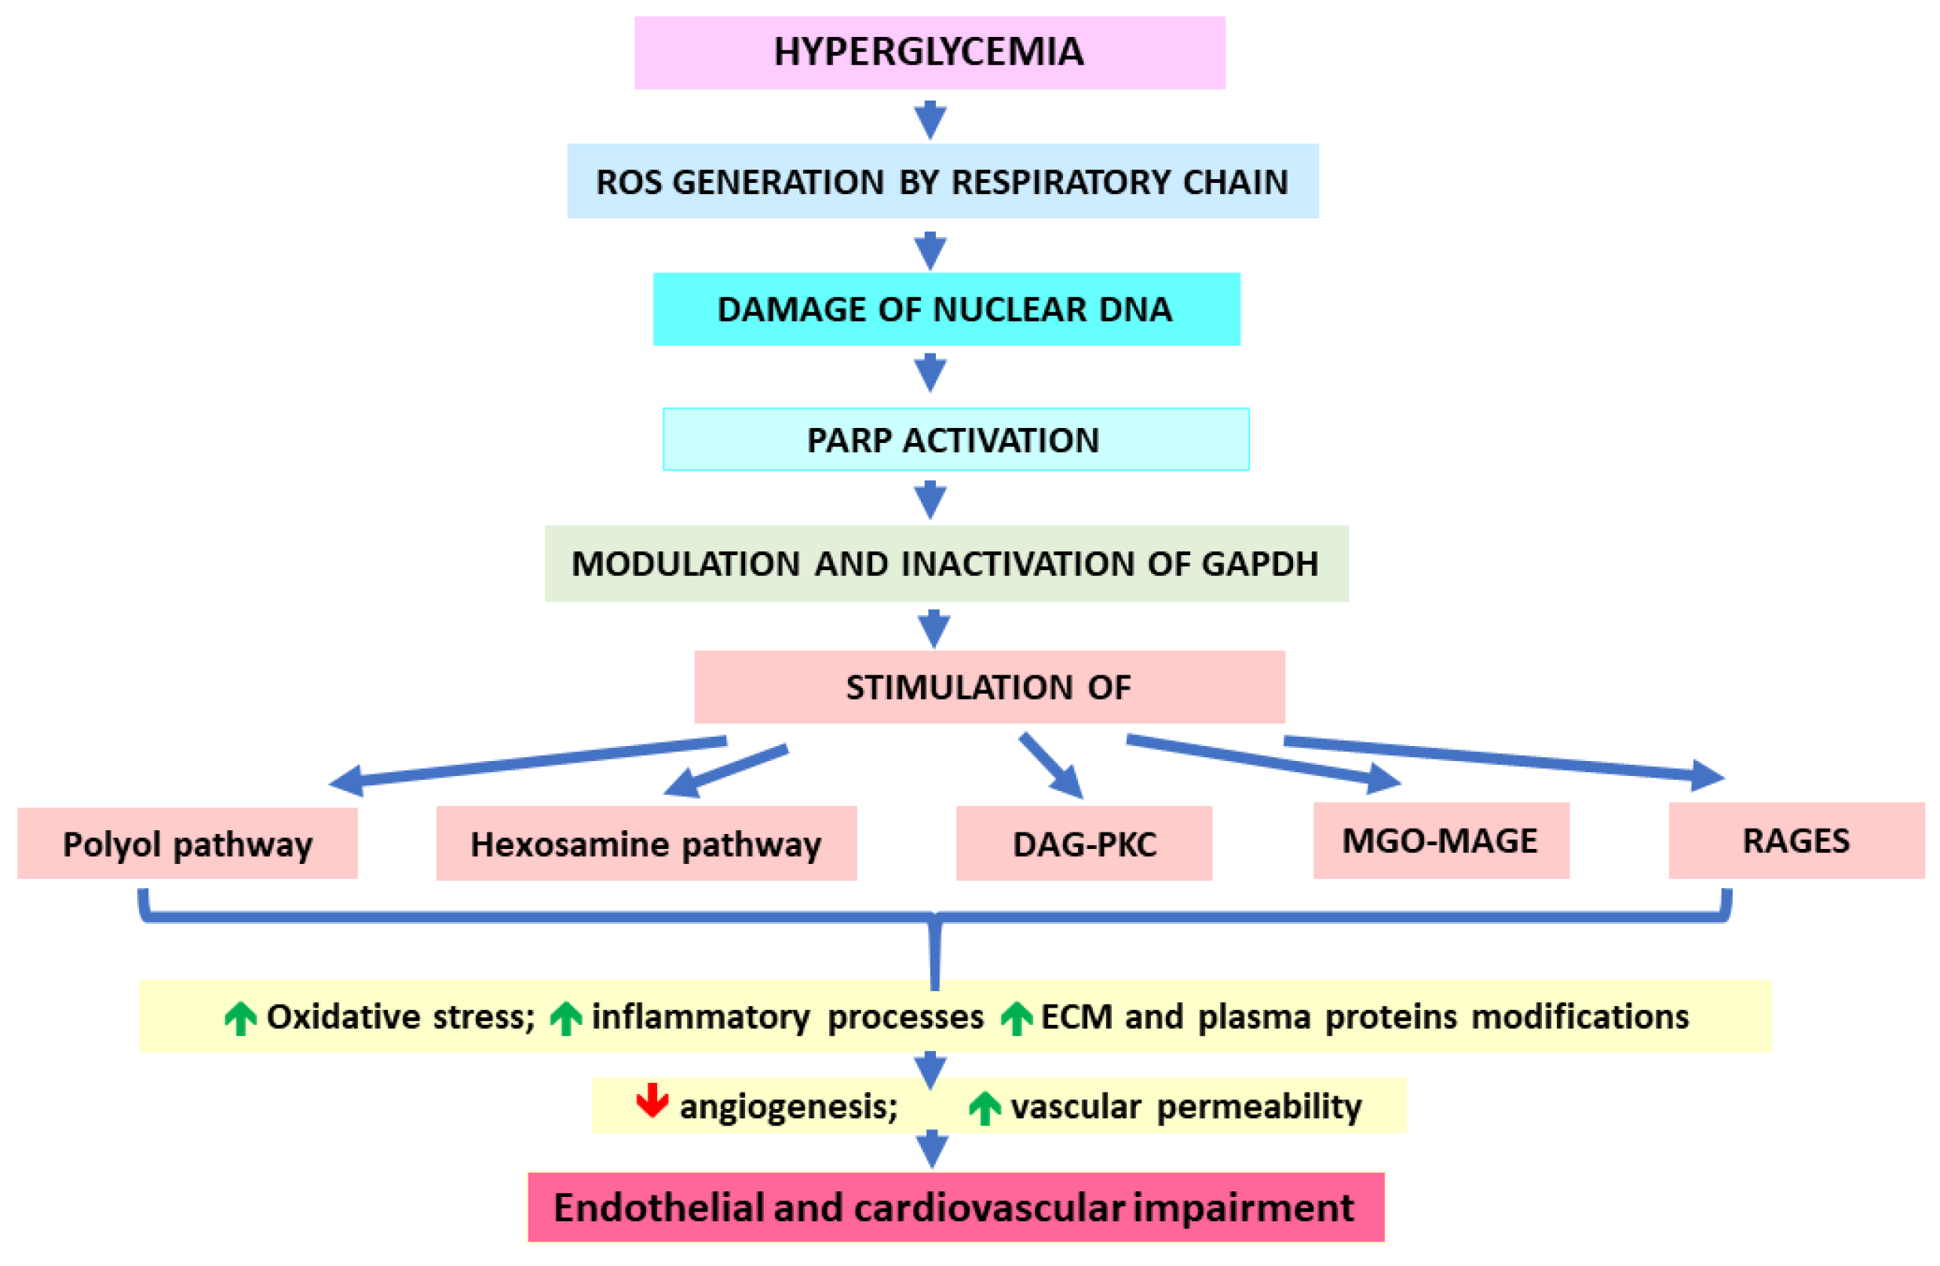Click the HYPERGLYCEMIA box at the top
click(930, 52)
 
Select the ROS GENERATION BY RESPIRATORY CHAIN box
click(942, 181)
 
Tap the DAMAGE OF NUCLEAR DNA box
click(945, 309)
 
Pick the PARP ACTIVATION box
click(955, 439)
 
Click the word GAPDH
click(1259, 563)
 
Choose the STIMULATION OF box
click(988, 686)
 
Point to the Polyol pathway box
click(188, 843)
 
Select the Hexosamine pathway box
click(645, 843)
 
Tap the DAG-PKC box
click(1083, 843)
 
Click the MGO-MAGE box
click(1441, 840)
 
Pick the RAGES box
click(1796, 840)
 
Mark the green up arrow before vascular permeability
click(984, 1108)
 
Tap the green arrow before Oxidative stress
click(240, 1018)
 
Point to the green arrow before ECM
click(1016, 1018)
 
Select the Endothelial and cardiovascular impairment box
click(955, 1207)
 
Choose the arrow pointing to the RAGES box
click(1508, 758)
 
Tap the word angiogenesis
click(788, 1107)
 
